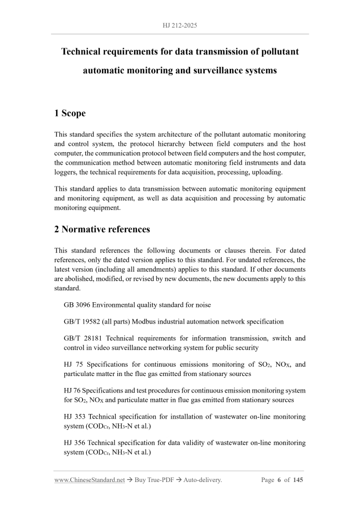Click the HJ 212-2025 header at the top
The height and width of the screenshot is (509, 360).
click(180, 25)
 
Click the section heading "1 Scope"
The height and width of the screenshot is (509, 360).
click(70, 113)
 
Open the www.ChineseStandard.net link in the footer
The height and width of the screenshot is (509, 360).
click(89, 480)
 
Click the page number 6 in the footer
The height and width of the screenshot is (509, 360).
click(279, 480)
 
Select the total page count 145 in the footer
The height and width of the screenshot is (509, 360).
click(298, 480)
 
